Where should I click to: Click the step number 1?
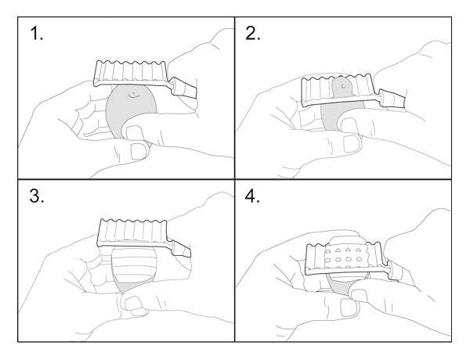(x=37, y=34)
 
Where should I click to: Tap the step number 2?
(x=253, y=34)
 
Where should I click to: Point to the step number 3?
(x=37, y=196)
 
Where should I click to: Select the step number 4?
(x=252, y=196)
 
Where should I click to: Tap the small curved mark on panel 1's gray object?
(x=133, y=95)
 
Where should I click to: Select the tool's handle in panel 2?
(x=392, y=98)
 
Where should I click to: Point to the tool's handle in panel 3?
(x=180, y=247)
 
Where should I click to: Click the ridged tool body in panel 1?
(x=131, y=74)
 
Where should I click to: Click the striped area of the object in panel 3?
(x=134, y=264)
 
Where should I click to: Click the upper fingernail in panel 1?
(x=134, y=131)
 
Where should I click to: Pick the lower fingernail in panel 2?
(x=351, y=144)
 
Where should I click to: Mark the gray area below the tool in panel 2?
(x=333, y=115)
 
